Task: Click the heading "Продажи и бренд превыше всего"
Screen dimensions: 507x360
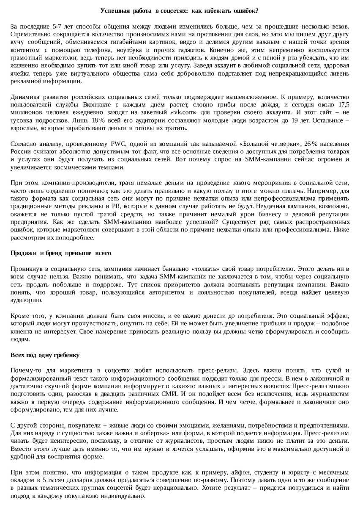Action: tap(61, 253)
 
